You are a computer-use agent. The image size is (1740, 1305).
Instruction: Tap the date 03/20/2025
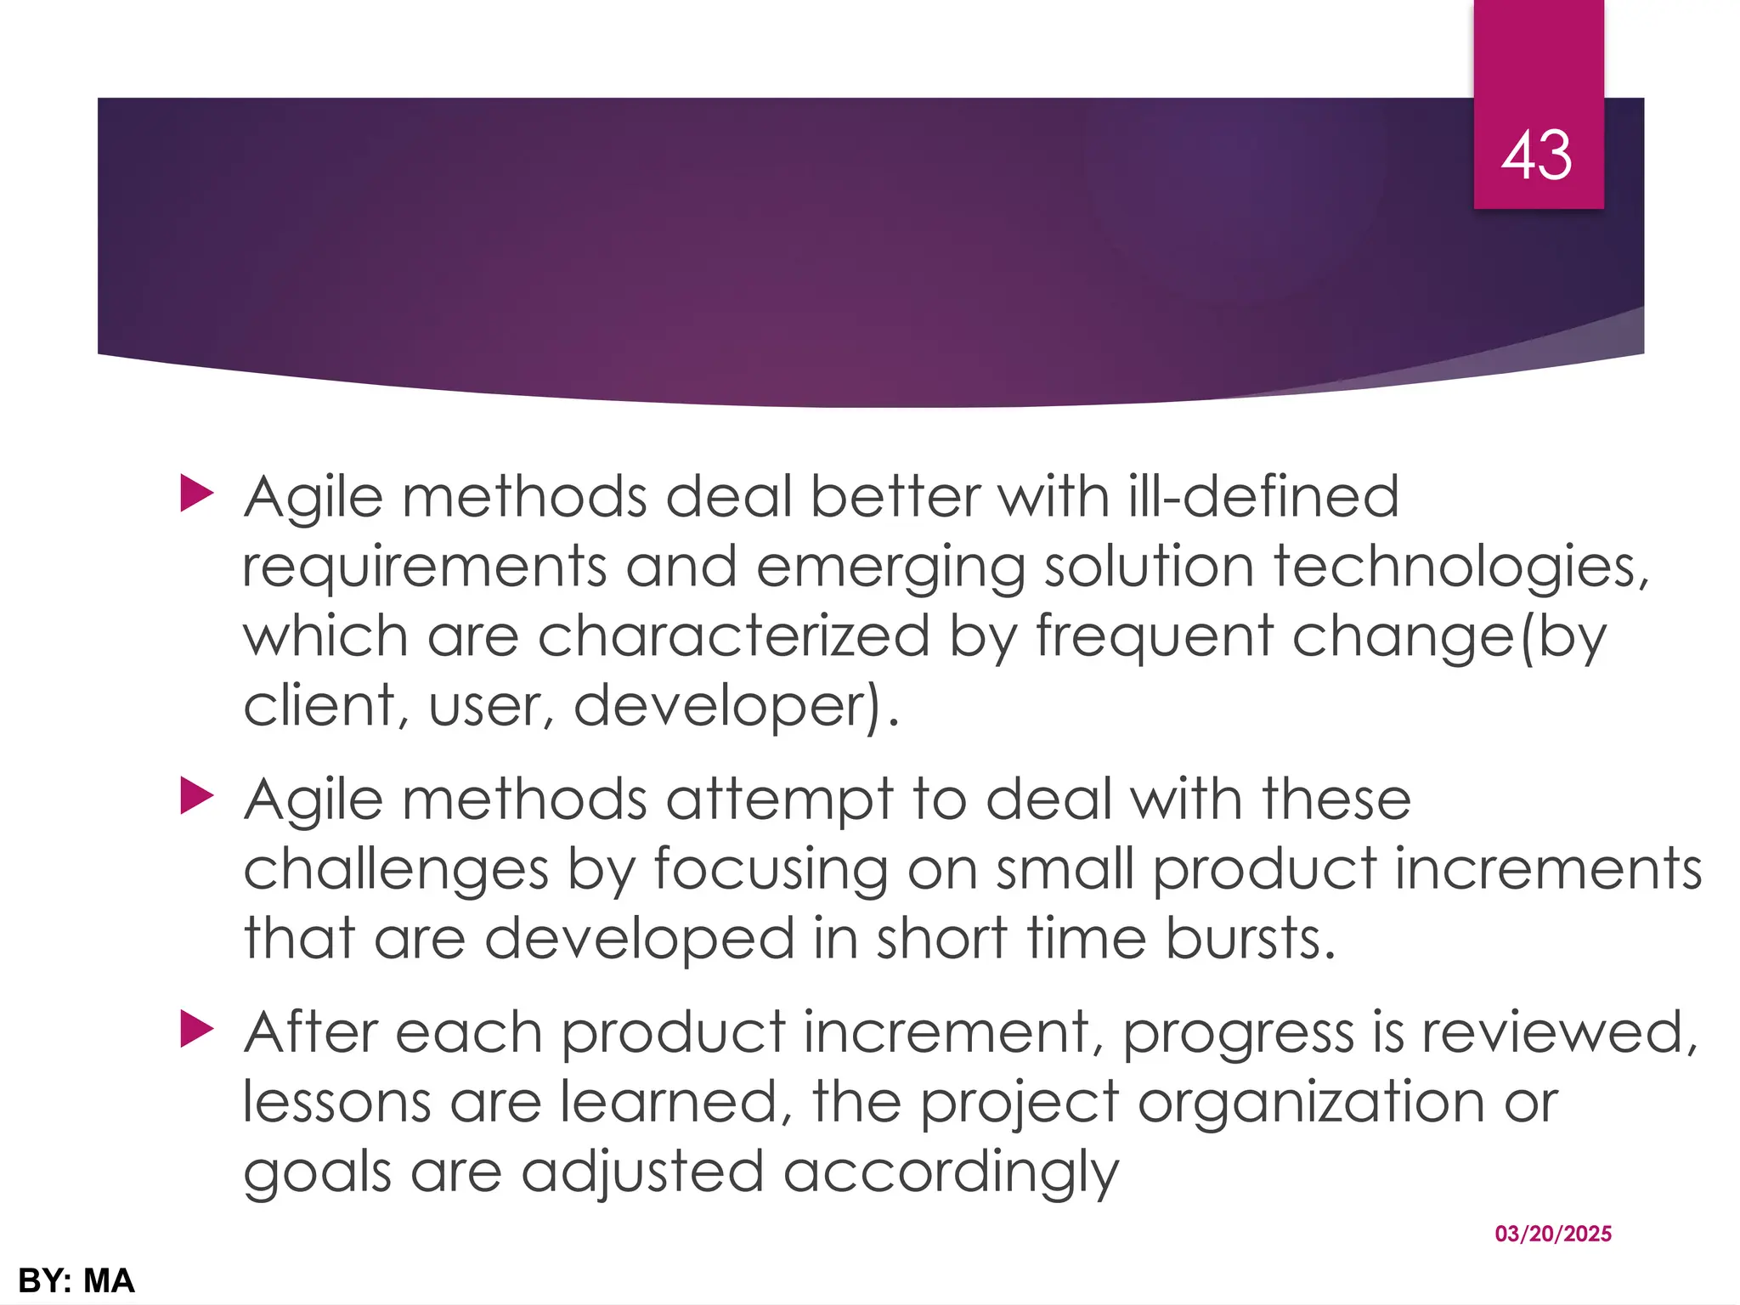pos(1552,1234)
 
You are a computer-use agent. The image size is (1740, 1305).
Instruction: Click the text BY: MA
pos(76,1280)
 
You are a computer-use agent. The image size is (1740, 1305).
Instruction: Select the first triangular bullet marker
pos(196,494)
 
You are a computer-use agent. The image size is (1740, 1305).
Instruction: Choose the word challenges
pos(396,870)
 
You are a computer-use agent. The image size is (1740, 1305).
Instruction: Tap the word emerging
pos(890,568)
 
